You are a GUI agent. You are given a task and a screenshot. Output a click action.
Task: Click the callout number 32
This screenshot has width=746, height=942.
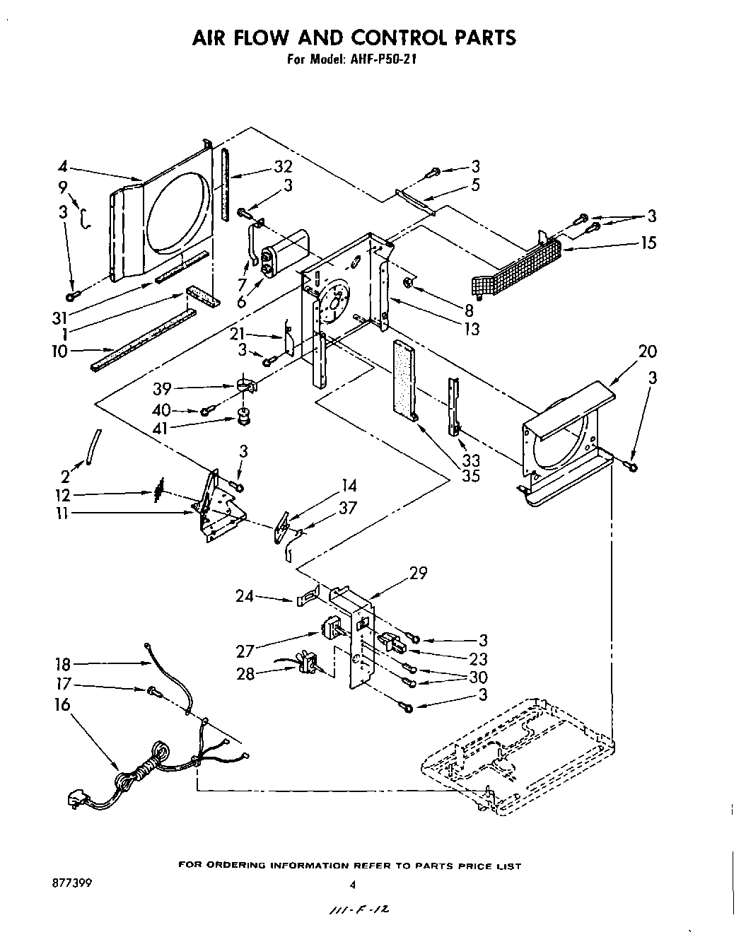[263, 167]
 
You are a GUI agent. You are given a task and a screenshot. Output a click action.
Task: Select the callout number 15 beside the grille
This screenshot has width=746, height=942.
[647, 243]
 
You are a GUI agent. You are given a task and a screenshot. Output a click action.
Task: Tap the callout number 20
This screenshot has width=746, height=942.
[647, 351]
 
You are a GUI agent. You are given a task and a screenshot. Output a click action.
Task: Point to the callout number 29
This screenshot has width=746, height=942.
[418, 573]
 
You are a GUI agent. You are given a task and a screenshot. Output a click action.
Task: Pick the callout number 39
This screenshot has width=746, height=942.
[163, 389]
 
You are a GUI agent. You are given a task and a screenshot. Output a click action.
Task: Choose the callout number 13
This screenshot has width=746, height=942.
[471, 328]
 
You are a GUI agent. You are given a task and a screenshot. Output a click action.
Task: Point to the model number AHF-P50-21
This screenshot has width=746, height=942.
[380, 60]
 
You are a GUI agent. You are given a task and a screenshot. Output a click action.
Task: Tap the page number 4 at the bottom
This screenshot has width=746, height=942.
[351, 885]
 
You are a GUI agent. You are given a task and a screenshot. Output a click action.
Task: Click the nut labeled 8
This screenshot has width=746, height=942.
[409, 284]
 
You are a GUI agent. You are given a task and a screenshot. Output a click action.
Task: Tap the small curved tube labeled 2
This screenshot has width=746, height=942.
[93, 447]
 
